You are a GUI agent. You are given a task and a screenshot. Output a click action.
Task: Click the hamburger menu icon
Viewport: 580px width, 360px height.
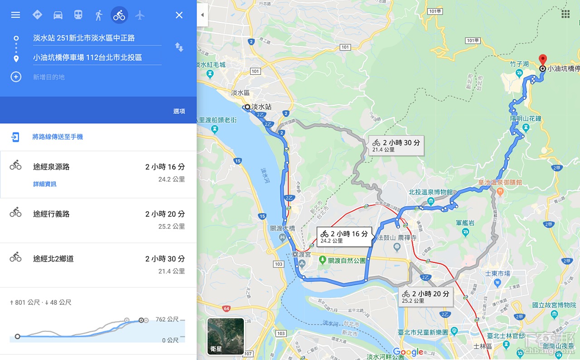[x=15, y=15]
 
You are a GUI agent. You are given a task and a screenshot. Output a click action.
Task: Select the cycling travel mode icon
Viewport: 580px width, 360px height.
[x=119, y=15]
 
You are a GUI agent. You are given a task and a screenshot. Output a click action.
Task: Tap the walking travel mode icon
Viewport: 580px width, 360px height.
[x=99, y=15]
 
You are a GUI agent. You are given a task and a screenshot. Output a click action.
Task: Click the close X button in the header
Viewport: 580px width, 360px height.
[x=179, y=15]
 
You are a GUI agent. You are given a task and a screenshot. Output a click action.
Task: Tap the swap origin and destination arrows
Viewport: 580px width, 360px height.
[x=179, y=47]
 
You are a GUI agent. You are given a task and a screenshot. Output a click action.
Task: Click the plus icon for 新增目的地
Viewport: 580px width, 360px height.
[x=16, y=77]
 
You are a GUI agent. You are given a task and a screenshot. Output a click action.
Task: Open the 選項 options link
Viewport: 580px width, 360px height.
[x=179, y=111]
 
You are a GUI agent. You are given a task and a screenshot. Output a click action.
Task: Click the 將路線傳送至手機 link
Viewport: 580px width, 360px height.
[x=58, y=137]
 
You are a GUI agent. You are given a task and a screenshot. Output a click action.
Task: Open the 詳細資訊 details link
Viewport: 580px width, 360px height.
[x=45, y=184]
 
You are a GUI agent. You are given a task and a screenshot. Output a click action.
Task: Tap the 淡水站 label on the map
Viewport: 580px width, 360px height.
[x=261, y=107]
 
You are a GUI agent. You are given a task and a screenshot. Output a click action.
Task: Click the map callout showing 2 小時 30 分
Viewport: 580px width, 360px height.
[x=396, y=145]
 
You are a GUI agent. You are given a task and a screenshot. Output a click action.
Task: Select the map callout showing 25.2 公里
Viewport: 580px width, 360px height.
[x=425, y=297]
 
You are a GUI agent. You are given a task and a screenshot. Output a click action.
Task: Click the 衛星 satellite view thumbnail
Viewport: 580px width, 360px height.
[x=226, y=336]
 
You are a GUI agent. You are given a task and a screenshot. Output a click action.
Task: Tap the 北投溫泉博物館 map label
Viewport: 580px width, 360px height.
[x=430, y=192]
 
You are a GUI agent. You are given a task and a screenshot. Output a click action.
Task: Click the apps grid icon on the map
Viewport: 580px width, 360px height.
[x=565, y=14]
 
